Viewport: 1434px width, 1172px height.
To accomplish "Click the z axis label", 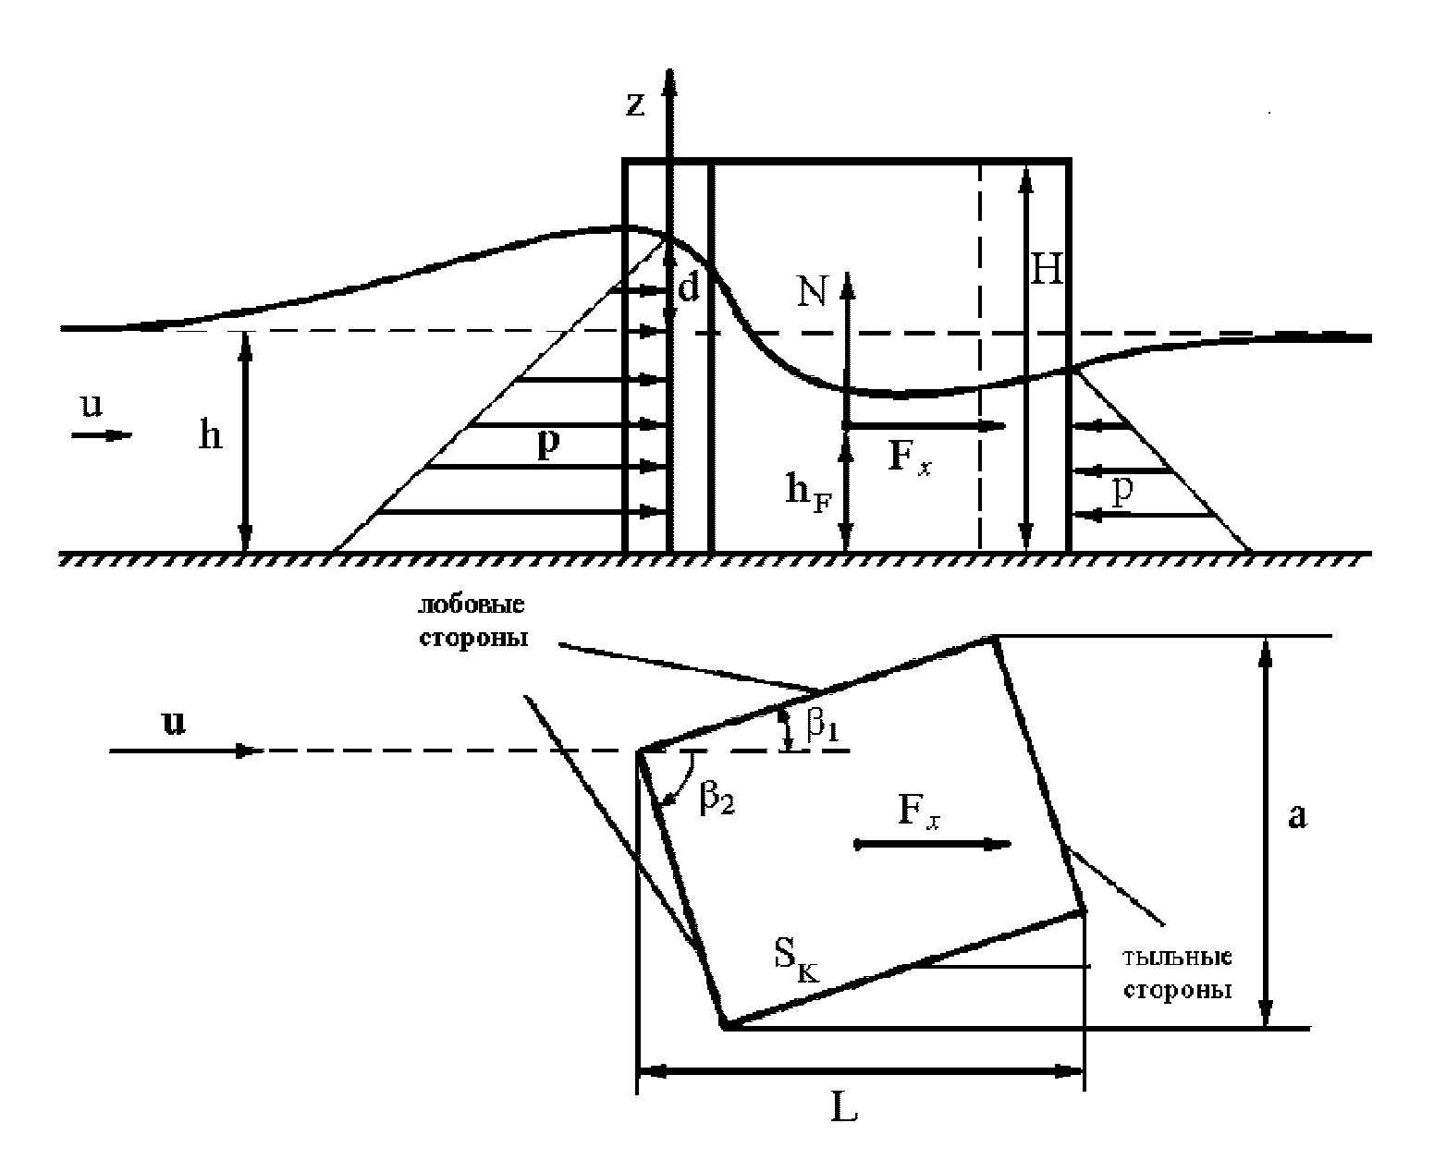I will [635, 104].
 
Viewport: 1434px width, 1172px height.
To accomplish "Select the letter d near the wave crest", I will [690, 288].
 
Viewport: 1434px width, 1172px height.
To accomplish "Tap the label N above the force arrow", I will [813, 292].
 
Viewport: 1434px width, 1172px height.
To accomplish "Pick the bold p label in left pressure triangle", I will [548, 445].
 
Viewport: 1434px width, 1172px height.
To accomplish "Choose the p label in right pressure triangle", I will [1121, 492].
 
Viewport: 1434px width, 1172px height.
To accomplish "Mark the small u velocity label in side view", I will [92, 406].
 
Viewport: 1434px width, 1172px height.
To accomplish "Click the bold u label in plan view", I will [174, 722].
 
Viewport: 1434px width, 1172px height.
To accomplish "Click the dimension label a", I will [1297, 817].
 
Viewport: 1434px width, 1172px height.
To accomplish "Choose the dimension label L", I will [843, 1109].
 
